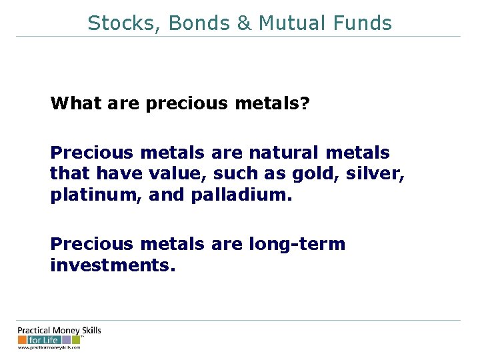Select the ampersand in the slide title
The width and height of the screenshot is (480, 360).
pos(243,23)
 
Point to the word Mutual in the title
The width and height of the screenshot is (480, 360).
pos(291,23)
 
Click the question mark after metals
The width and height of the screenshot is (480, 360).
pos(305,103)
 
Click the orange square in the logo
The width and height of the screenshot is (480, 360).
pos(23,340)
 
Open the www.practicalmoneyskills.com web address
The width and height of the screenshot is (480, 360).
pos(49,347)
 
